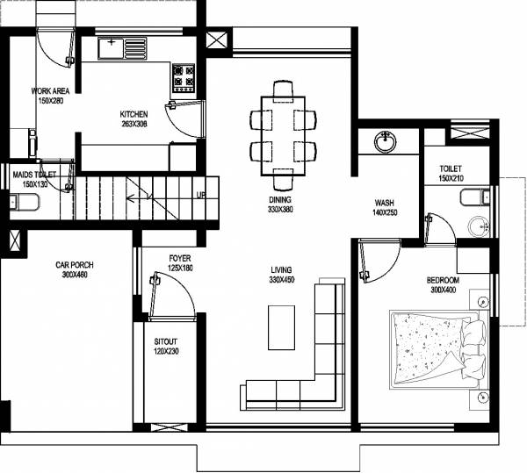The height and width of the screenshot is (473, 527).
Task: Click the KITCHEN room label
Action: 134,114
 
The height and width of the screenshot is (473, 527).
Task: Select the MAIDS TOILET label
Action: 33,175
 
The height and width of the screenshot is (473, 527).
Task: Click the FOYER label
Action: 179,258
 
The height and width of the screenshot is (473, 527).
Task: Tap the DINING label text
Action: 280,200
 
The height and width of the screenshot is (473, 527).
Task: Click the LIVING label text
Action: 280,269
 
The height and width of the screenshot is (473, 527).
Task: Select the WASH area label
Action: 384,202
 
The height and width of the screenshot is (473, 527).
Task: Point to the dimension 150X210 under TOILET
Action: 451,179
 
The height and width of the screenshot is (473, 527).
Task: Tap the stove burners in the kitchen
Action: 184,77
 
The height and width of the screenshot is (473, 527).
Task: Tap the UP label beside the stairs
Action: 201,195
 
